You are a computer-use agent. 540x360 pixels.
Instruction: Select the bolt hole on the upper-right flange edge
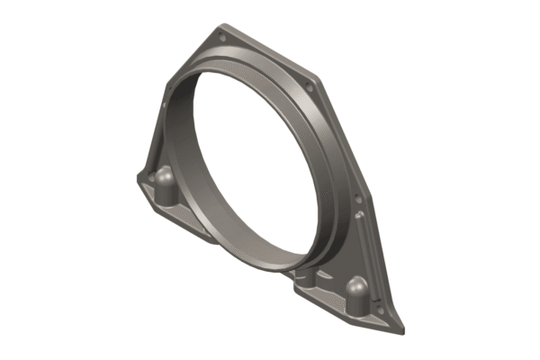(310, 87)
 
